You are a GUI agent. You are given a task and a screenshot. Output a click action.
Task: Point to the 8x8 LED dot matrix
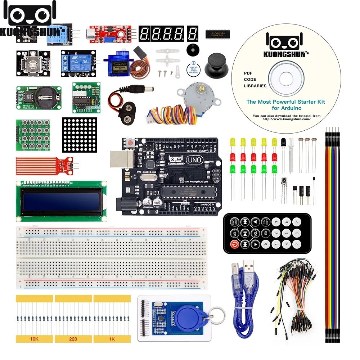[79, 134]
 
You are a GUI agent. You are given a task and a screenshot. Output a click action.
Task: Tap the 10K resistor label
[34, 339]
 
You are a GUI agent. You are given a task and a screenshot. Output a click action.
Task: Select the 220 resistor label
[73, 339]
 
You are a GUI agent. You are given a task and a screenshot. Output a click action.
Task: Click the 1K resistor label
[112, 339]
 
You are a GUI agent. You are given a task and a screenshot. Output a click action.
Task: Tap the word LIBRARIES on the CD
[255, 86]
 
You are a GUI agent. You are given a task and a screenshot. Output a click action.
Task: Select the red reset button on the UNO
[128, 144]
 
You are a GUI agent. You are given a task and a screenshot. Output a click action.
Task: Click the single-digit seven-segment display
[192, 33]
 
